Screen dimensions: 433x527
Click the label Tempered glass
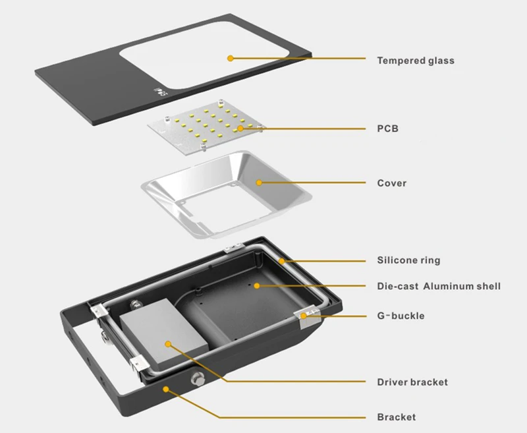click(415, 61)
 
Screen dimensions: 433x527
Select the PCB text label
click(387, 129)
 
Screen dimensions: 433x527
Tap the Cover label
click(391, 183)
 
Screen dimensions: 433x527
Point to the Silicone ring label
click(408, 260)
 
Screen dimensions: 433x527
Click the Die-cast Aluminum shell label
click(439, 286)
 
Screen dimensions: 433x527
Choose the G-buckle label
click(401, 316)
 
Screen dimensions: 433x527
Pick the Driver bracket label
click(412, 382)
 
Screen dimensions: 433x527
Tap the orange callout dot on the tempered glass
click(230, 58)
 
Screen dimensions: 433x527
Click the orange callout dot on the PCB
click(240, 129)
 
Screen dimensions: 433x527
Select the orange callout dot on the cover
click(259, 182)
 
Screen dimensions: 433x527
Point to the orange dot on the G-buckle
click(304, 316)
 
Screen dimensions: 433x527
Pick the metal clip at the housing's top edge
click(229, 248)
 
